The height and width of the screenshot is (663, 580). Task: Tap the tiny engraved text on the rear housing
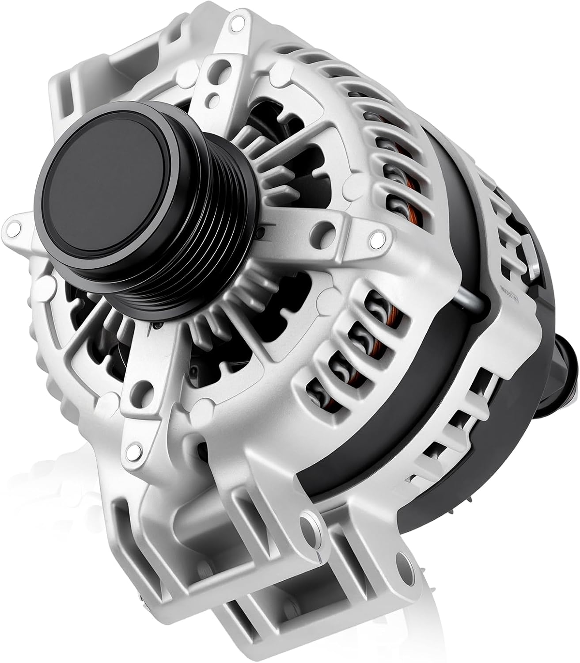[515, 299]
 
